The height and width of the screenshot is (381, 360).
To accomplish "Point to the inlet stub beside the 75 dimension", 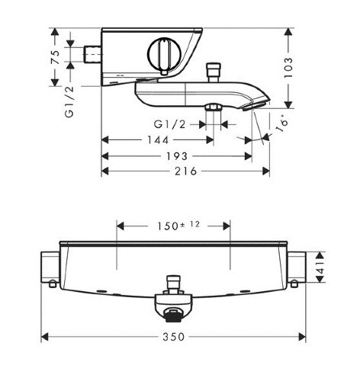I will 91,54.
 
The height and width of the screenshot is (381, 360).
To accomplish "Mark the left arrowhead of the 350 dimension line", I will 44,336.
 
